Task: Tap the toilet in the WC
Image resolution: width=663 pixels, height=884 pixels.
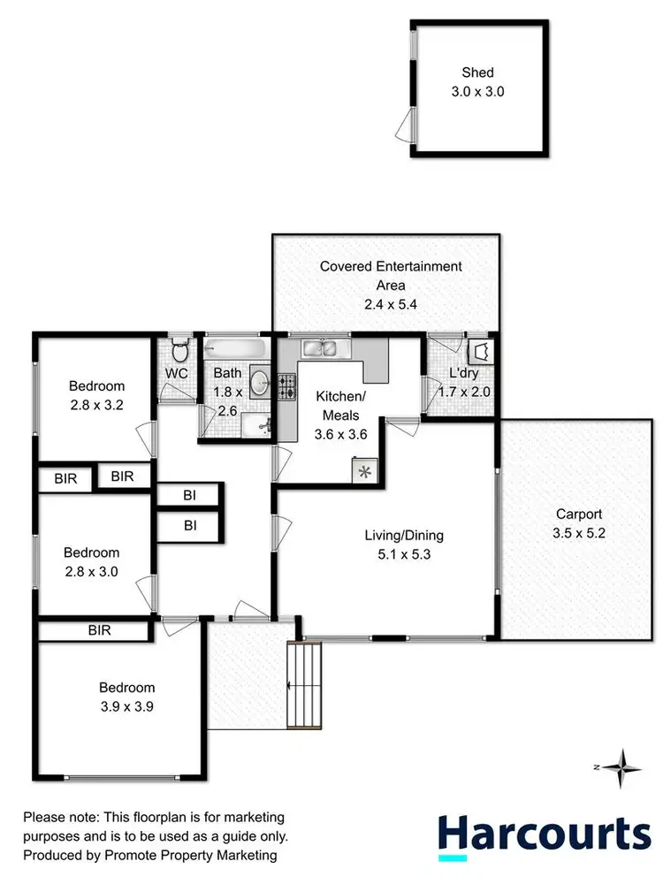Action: (179, 353)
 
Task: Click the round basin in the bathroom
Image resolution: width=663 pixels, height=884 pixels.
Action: (260, 383)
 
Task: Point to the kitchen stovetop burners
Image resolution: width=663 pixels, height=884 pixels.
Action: (287, 386)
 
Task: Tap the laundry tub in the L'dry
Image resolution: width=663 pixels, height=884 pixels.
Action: (482, 353)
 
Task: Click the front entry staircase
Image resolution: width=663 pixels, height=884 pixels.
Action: (305, 685)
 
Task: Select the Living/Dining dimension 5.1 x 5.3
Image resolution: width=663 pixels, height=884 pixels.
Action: (404, 555)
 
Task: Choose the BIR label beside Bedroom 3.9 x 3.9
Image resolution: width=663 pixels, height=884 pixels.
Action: (99, 630)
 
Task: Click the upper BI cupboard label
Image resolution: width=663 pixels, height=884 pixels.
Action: (189, 496)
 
